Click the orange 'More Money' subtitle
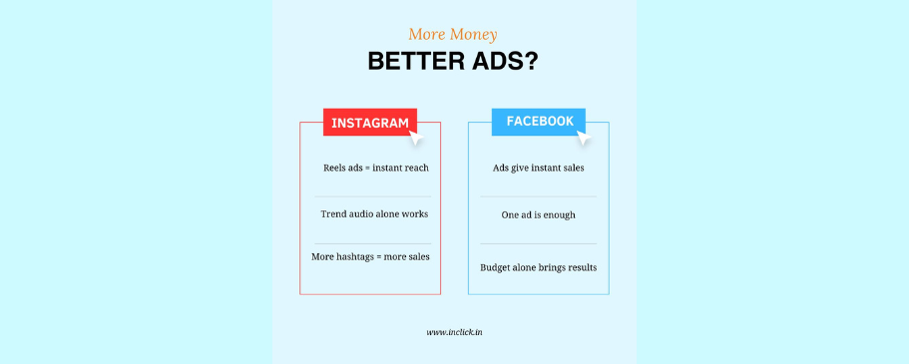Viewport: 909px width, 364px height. tap(452, 35)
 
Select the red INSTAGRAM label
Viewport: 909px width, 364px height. tap(370, 123)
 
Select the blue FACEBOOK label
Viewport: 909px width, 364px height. tap(539, 122)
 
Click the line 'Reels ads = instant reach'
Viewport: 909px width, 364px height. tap(376, 169)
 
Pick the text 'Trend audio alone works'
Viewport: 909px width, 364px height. tap(374, 213)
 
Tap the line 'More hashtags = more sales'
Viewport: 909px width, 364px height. tap(370, 256)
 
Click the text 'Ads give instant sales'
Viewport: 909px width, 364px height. tap(539, 169)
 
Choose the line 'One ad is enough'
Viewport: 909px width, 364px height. tap(539, 215)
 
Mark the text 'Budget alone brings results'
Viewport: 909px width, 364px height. tap(539, 268)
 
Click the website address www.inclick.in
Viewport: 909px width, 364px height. tap(455, 332)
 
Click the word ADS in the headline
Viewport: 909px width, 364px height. tap(495, 62)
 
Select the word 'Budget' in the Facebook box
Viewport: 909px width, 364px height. tap(495, 268)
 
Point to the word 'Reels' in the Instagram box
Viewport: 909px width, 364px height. tap(334, 169)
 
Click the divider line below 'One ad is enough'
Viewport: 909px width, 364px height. tap(539, 243)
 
